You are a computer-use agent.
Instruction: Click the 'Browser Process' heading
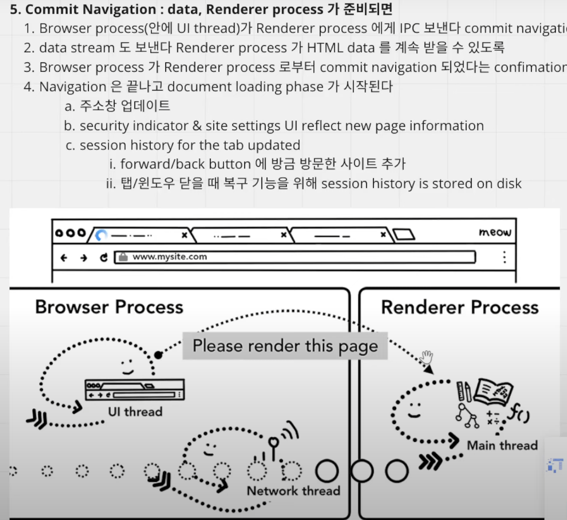109,307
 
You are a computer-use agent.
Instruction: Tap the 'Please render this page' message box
285,346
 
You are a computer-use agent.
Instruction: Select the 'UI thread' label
135,412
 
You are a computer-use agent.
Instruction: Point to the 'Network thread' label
294,491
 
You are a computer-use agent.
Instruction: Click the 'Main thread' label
502,445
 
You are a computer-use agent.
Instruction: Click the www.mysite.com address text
170,257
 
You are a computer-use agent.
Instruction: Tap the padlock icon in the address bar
123,257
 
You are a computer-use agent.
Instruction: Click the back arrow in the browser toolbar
64,257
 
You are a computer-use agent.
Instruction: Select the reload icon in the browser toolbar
103,257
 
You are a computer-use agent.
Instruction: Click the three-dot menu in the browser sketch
504,257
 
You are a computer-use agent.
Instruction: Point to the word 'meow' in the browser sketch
495,232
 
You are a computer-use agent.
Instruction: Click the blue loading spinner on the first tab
101,235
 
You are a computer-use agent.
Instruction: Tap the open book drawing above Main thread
494,392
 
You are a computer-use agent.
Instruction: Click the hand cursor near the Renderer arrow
427,357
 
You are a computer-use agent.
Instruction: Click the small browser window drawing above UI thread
134,389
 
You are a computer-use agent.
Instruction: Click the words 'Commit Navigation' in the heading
91,9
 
